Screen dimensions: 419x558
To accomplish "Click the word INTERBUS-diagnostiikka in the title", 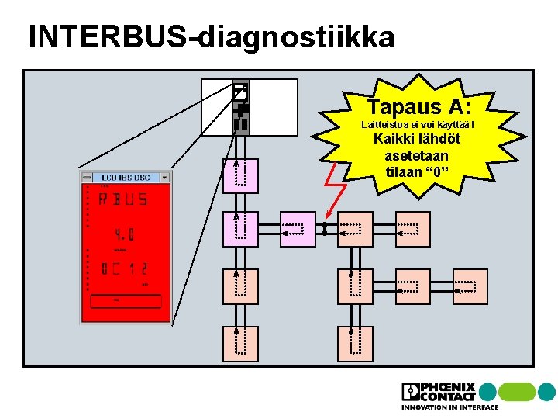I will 211,36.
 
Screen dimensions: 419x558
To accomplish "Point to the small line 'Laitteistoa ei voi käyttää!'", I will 418,125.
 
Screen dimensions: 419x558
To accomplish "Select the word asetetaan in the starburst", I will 417,156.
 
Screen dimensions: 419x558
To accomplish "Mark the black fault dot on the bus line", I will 325,229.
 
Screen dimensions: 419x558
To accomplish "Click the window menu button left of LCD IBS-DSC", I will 85,178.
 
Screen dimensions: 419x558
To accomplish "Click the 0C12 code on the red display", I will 124,269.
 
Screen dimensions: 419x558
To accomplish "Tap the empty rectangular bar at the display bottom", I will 126,301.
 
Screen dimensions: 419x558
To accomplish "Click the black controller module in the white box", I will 241,108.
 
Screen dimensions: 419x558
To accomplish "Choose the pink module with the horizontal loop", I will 298,229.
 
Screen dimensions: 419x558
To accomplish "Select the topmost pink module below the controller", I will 240,175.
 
